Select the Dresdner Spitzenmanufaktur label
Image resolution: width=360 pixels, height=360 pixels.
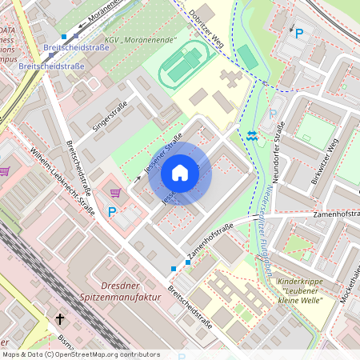(x=122, y=290)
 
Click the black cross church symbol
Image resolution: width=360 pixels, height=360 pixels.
(x=59, y=319)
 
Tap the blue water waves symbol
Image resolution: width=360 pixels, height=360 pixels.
(x=253, y=137)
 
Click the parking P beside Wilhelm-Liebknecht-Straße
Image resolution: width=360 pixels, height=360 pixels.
(x=112, y=212)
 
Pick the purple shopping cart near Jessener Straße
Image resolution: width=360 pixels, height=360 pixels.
(x=115, y=192)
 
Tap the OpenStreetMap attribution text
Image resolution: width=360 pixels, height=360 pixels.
(x=81, y=354)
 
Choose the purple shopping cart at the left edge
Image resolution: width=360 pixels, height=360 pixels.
(x=4, y=170)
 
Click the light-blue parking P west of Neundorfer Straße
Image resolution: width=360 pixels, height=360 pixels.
(x=272, y=114)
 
